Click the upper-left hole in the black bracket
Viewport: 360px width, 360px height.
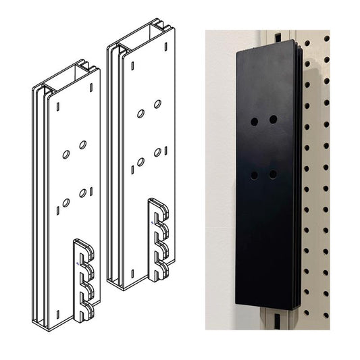254,122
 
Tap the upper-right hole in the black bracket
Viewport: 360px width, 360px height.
273,120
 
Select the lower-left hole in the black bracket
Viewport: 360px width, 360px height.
254,175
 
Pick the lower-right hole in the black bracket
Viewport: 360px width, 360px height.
273,174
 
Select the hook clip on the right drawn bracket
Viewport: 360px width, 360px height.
160,239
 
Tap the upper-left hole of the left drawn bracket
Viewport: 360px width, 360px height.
66,155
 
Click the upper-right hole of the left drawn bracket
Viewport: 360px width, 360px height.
82,145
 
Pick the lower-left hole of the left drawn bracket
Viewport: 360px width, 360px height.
66,203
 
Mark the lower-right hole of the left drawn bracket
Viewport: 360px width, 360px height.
82,193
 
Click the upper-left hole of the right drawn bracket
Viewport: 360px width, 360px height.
140,113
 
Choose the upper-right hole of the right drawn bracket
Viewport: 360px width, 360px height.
157,104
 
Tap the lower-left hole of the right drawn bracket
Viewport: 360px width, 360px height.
140,161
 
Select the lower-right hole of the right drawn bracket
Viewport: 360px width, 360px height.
157,153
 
